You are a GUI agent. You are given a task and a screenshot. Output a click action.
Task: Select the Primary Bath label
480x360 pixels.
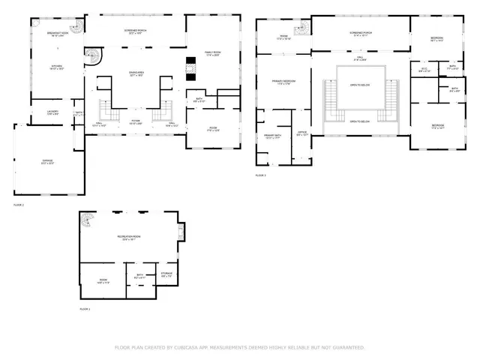coord(271,136)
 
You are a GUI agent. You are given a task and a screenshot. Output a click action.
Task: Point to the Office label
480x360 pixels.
coord(302,133)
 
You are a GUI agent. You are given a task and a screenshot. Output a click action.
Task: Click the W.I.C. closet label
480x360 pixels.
coord(424,70)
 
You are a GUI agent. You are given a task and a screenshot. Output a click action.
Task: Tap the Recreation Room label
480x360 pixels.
coord(128,237)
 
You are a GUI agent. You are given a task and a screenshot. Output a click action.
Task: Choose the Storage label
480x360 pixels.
coord(166,274)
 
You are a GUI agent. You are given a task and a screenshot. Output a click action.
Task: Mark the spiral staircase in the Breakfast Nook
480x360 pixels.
coord(92,56)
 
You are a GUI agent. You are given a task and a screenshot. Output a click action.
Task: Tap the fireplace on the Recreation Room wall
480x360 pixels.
coord(180,231)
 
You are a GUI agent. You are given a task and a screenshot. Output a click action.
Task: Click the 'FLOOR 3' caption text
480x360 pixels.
coord(260,175)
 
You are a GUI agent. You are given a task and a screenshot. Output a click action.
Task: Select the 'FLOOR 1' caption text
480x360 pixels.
coord(85,309)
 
